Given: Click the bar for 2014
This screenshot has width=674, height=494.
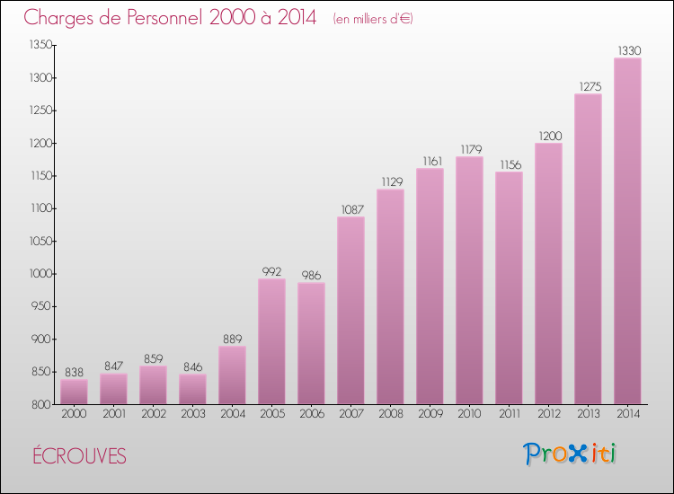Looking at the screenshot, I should point(627,231).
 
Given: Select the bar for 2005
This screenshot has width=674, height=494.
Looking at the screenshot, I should point(271,341).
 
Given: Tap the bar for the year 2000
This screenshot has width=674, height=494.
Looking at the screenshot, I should point(74,392).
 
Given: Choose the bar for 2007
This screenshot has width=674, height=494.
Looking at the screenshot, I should point(350,310).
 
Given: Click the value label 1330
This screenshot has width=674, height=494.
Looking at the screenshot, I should point(627,50).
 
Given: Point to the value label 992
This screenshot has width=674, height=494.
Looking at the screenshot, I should point(271,271).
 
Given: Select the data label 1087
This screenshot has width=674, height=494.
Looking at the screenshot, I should point(350,209).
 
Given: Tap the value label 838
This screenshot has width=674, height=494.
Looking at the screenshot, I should point(74,372).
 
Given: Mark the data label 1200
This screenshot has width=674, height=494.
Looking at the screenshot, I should point(548,136).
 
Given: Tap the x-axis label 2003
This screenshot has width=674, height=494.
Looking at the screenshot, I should point(192,415).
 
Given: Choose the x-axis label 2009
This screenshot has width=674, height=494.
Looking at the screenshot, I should point(430,415).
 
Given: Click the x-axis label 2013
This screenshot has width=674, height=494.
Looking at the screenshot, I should point(588,415).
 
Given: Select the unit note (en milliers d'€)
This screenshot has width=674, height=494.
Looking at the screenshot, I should point(372,18).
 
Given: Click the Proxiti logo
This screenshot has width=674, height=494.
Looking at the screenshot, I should point(570,454).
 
